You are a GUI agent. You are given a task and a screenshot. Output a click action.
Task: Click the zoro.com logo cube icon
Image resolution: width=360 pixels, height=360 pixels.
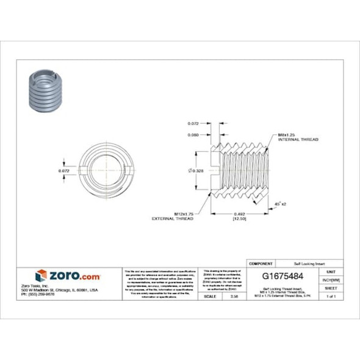click(41, 275)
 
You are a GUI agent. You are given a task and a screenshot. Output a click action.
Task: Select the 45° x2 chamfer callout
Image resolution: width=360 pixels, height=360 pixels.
click(281, 204)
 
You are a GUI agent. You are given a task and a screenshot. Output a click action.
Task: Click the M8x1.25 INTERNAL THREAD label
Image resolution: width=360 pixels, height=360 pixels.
click(298, 137)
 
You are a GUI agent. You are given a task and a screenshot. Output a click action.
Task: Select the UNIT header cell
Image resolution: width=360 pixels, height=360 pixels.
click(331, 270)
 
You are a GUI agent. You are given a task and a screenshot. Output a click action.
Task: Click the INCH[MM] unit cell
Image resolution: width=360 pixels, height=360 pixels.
click(331, 279)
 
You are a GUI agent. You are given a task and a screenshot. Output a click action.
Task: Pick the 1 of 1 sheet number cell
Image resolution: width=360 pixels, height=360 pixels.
click(331, 296)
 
